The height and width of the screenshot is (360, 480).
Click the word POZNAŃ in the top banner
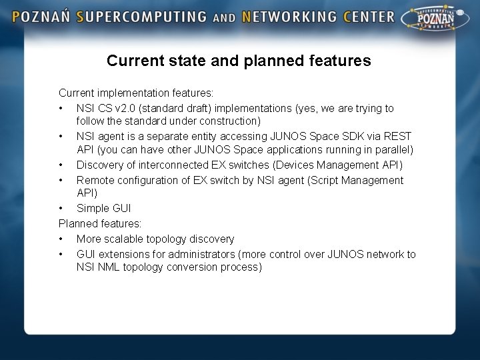(x=41, y=17)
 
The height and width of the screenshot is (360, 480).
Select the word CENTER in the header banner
(x=369, y=17)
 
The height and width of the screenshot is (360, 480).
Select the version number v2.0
(x=125, y=108)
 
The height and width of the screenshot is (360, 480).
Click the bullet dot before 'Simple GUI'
(x=61, y=209)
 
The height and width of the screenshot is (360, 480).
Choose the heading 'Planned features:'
(x=100, y=223)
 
